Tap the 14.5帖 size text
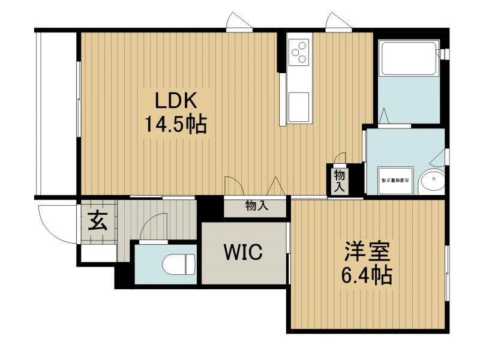coord(174,125)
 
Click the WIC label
coord(243,253)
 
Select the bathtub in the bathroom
coord(409,59)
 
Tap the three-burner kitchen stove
coord(299,52)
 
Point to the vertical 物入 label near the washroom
coord(339,179)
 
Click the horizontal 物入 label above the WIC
coord(257,206)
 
